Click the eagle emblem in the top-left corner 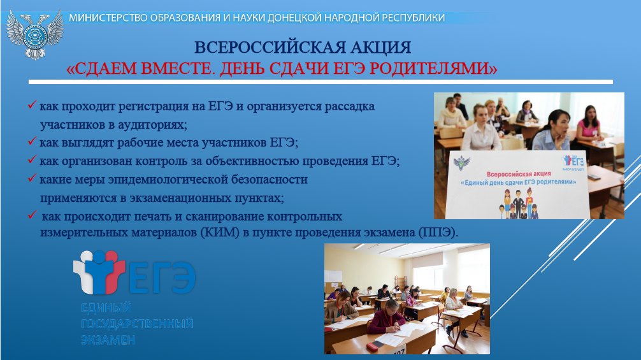(x=35, y=35)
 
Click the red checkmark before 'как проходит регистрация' (x=32, y=104)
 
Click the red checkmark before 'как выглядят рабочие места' (x=32, y=141)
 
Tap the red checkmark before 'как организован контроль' (x=32, y=159)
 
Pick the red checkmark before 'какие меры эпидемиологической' (x=32, y=178)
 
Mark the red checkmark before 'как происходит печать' (x=32, y=215)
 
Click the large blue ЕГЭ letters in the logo (x=162, y=277)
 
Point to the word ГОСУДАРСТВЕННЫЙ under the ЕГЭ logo (x=137, y=324)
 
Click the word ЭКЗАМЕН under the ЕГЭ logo (x=108, y=340)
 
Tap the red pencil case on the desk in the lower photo (x=374, y=347)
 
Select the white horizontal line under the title (x=320, y=82)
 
